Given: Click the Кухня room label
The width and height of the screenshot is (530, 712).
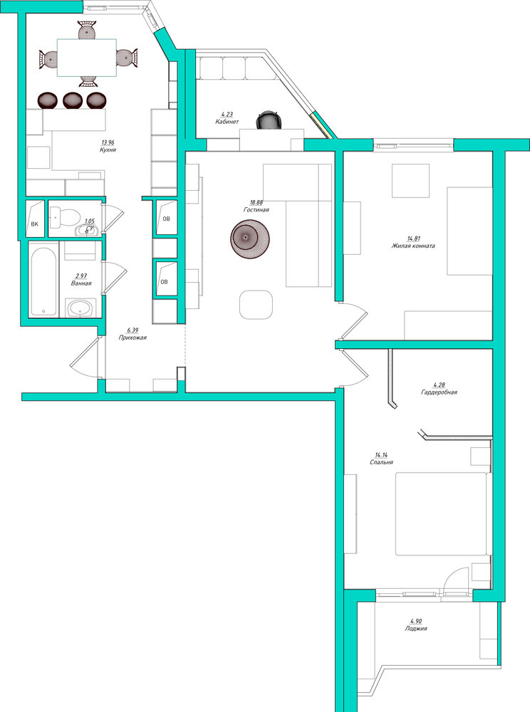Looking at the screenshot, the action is [x=108, y=150].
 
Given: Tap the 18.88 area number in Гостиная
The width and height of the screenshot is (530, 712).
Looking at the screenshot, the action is [x=256, y=202].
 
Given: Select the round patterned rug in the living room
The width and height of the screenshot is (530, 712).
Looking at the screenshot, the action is [x=250, y=238].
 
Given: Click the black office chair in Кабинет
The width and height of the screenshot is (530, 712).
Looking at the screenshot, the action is [x=269, y=120].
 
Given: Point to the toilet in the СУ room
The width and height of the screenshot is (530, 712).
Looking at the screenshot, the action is [x=63, y=216].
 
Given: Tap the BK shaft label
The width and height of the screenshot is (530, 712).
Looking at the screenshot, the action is [x=34, y=224].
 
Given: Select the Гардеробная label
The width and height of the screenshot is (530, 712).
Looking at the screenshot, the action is [x=439, y=392].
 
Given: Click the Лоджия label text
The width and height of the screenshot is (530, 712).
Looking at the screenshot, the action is [x=415, y=629].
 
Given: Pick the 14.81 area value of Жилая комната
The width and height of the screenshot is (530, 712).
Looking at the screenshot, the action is [x=413, y=239].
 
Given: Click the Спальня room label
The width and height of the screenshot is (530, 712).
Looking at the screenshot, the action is [x=381, y=462].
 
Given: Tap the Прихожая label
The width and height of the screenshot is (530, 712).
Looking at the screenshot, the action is [x=132, y=337].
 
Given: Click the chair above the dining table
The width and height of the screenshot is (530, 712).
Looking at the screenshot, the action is [x=87, y=30].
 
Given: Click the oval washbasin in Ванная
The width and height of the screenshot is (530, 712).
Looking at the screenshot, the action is [x=80, y=309].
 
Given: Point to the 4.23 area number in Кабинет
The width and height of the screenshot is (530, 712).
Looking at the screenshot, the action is [x=227, y=115].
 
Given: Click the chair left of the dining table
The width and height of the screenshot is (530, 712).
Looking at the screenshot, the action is [x=48, y=59].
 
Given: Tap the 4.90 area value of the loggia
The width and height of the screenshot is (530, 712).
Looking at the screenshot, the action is [x=415, y=621].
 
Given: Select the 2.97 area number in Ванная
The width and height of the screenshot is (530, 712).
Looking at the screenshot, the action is [x=80, y=276].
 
